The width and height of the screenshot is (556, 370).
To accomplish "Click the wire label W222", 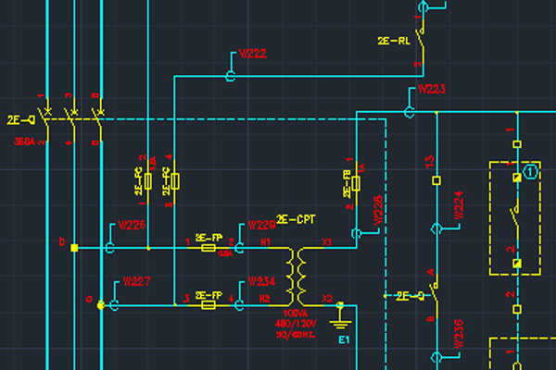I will click(x=253, y=53).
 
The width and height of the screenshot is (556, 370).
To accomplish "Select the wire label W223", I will click(x=432, y=90).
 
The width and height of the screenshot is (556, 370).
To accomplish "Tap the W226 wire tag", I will click(x=132, y=225).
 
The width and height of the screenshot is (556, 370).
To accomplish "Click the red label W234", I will click(x=262, y=281).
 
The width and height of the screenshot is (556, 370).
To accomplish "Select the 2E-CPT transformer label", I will click(x=296, y=218).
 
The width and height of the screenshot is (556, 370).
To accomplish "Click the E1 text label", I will click(x=345, y=340).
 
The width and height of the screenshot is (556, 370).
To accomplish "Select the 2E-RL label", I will click(x=393, y=41).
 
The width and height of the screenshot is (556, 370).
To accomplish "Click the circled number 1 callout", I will click(x=530, y=171).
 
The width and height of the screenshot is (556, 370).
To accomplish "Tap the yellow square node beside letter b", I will click(x=74, y=247).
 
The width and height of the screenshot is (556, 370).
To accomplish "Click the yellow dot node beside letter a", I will click(x=100, y=303).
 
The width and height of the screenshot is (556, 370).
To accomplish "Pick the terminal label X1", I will click(x=326, y=241).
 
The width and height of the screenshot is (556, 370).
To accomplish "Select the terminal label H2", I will click(x=265, y=298).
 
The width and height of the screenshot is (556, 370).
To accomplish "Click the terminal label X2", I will click(x=326, y=298).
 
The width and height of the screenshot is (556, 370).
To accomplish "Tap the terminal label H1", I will click(x=265, y=241).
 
